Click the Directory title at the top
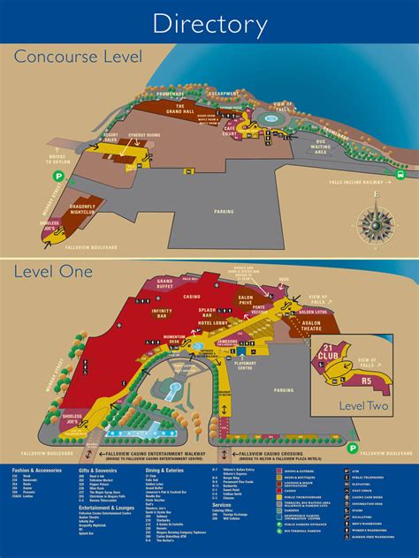tap(209, 23)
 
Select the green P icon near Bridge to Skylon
tap(58, 176)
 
